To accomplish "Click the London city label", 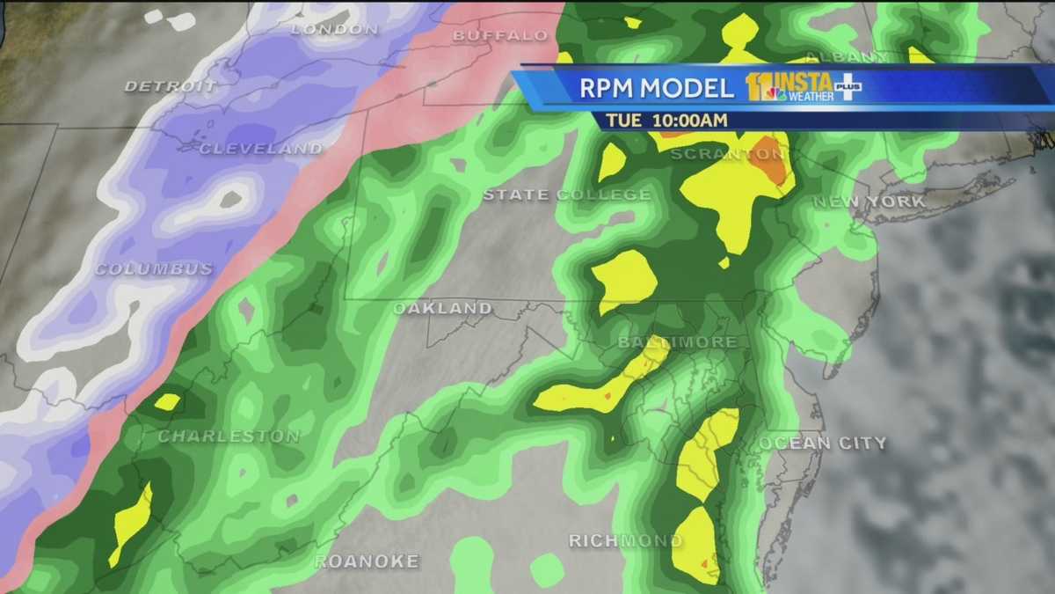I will tap(334, 29).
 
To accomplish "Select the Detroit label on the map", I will tap(171, 86).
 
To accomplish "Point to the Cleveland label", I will tap(261, 149).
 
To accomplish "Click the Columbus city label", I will tap(154, 268).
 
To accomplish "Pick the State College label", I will tap(567, 194).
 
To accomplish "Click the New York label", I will tap(869, 202).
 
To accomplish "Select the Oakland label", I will tap(442, 308).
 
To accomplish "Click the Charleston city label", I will tap(229, 436).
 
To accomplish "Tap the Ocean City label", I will tap(824, 443).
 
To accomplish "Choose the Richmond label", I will tap(625, 540).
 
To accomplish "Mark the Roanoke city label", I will tap(367, 561).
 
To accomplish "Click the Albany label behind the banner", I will tap(856, 56).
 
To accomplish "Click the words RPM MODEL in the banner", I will tap(656, 88).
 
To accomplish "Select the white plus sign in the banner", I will tap(847, 88).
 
